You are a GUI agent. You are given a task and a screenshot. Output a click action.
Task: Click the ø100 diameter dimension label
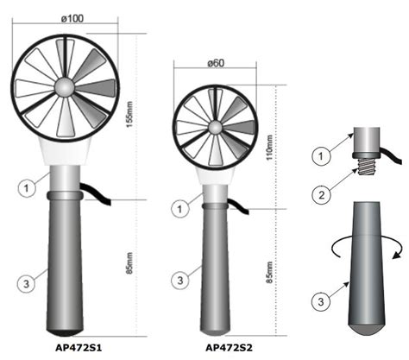(72, 18)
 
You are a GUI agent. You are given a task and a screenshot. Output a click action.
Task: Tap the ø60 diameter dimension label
(216, 63)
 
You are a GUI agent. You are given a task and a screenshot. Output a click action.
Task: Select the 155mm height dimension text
(129, 115)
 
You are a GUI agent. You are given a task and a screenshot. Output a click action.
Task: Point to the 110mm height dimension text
(269, 148)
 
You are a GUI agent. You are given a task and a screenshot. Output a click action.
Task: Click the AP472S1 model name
(79, 348)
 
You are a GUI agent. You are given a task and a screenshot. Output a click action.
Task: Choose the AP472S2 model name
(229, 348)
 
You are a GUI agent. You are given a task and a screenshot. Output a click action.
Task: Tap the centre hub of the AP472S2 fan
(215, 128)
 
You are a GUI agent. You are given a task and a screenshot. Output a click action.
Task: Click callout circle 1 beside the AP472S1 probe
(27, 188)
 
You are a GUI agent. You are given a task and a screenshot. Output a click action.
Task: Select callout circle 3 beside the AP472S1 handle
(27, 284)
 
